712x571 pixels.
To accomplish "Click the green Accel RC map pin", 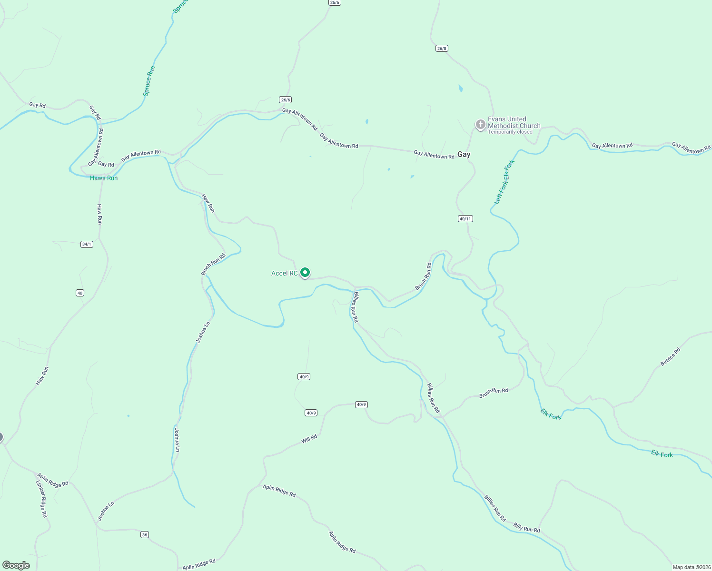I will tap(305, 273).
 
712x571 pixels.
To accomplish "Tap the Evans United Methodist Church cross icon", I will tap(481, 125).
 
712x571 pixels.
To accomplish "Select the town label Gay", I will tap(464, 154).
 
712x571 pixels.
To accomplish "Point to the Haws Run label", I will tap(104, 178).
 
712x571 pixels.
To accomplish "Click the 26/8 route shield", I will tap(442, 49).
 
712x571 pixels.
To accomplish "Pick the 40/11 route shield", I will tap(465, 219).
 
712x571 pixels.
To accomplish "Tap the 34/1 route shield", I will tap(87, 244).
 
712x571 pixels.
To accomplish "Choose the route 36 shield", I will tap(145, 535).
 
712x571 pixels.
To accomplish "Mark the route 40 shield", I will tap(80, 293).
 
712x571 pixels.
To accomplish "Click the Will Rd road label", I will tap(309, 439).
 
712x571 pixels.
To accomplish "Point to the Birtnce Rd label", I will tap(670, 357).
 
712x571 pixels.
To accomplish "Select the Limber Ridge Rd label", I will tap(42, 499).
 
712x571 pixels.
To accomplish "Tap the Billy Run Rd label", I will tap(526, 528).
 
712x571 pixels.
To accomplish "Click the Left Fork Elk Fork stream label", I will tap(504, 182).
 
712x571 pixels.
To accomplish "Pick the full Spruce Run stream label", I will tap(149, 81).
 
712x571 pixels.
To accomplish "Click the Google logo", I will tap(16, 565).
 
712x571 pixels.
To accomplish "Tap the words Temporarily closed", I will tap(510, 132).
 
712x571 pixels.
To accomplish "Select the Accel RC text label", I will tap(284, 273).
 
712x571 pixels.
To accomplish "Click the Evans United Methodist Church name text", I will tap(514, 122).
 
